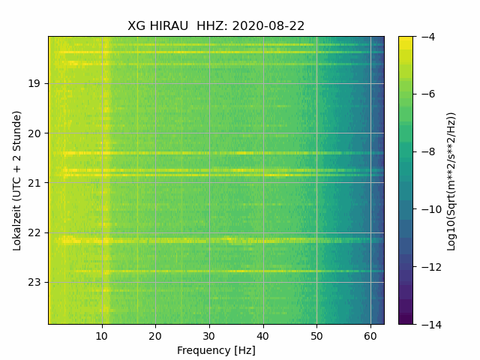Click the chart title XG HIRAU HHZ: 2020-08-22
pos(216,25)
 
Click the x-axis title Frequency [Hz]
pos(216,350)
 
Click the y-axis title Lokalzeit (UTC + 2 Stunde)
pos(17,180)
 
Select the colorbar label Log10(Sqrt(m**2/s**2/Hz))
pos(451,181)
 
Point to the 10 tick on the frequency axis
pos(102,335)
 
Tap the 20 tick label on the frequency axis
pos(155,335)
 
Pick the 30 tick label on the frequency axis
pos(209,335)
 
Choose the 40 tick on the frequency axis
pos(262,335)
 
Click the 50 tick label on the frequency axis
pos(316,335)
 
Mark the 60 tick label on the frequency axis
pos(370,335)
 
